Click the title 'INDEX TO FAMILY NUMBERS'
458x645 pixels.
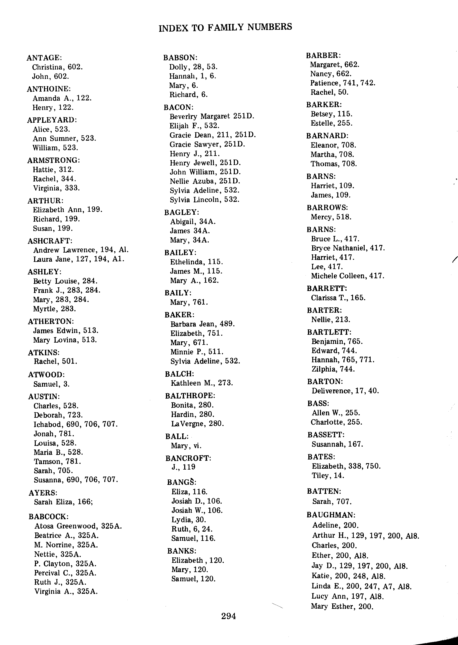tap(225, 27)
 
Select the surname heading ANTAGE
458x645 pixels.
tap(44, 58)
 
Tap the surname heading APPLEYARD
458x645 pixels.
tap(52, 120)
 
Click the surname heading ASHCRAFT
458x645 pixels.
tap(50, 241)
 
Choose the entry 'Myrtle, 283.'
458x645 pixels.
tap(54, 309)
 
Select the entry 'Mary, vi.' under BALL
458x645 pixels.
tap(186, 446)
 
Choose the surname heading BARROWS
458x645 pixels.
tap(327, 208)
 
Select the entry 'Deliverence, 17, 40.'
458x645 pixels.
tap(345, 391)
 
